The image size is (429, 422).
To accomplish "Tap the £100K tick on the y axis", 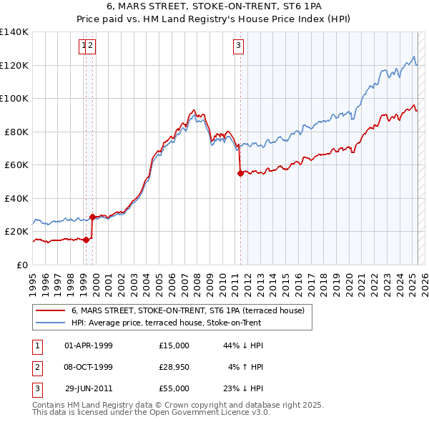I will tap(14, 99).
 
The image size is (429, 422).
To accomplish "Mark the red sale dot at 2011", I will tap(240, 174).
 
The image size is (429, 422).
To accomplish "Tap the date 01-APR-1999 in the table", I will tap(89, 345).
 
